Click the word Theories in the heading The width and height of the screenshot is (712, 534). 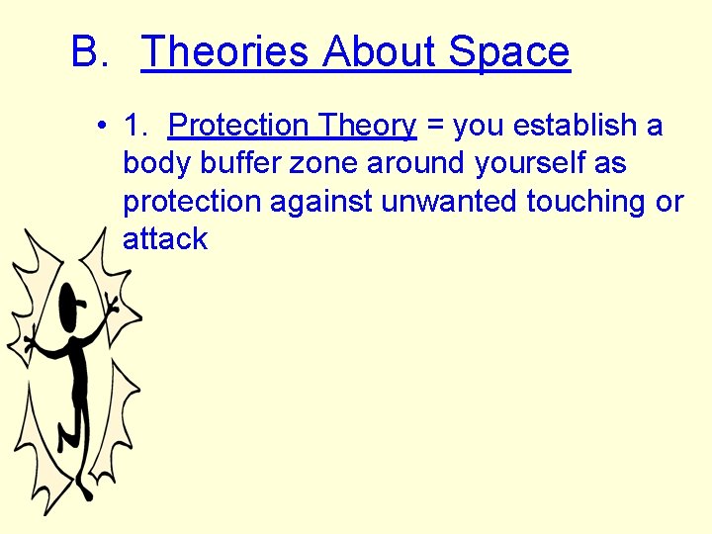click(227, 51)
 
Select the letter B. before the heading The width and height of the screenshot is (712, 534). click(89, 51)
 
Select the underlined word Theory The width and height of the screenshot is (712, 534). click(367, 126)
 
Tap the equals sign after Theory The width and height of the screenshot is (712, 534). click(434, 127)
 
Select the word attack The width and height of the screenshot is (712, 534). click(165, 238)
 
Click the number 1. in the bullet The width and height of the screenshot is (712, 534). click(135, 126)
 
